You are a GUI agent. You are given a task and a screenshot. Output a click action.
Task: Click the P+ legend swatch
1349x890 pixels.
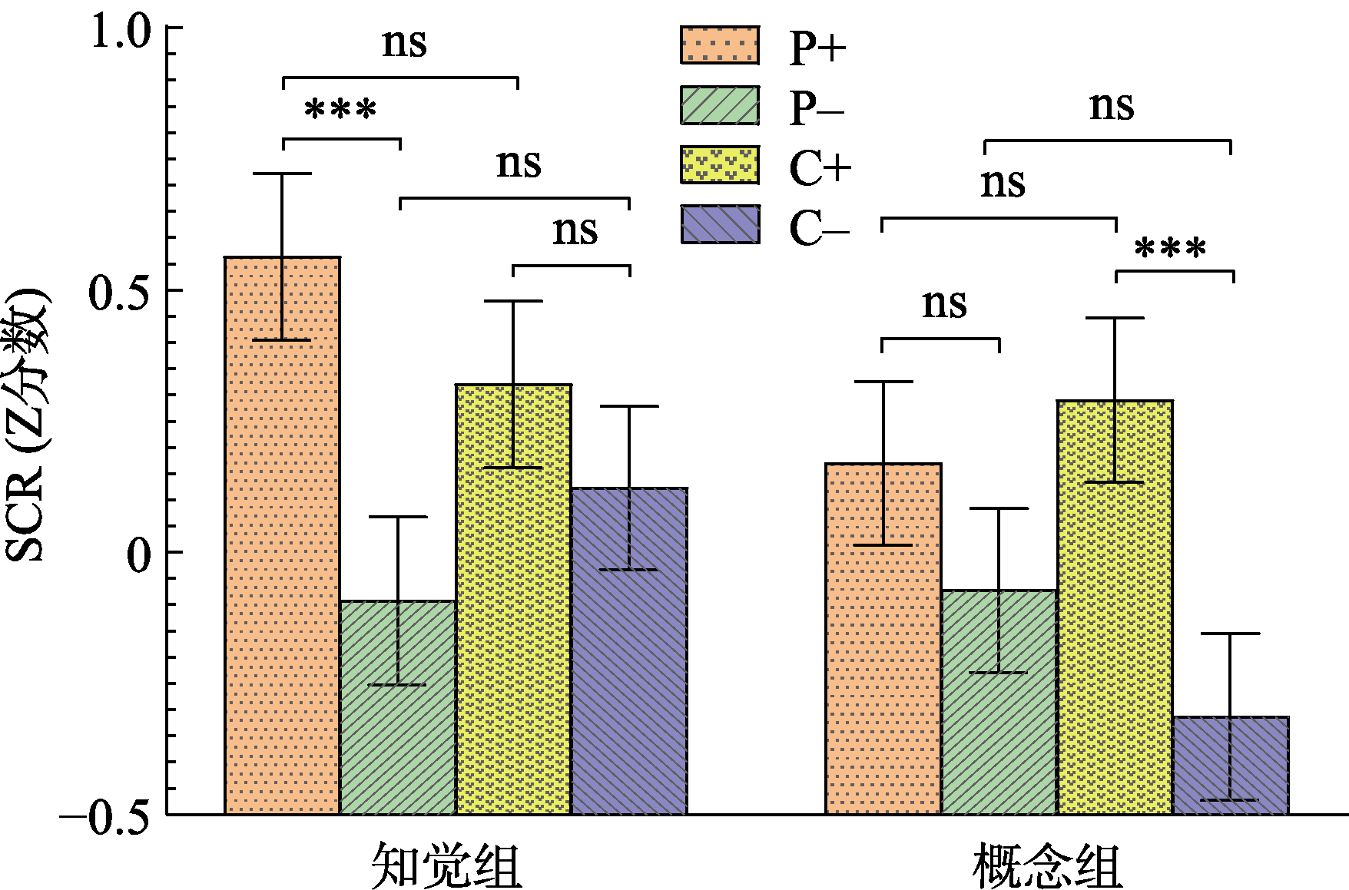click(x=720, y=45)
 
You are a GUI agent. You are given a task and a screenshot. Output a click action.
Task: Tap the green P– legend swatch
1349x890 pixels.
click(x=720, y=105)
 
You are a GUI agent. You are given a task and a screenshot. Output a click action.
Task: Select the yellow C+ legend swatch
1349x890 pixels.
click(x=720, y=165)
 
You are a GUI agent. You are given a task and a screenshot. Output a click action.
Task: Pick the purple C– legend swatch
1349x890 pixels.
click(x=720, y=224)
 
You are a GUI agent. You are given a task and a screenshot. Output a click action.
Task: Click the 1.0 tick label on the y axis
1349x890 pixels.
click(x=120, y=32)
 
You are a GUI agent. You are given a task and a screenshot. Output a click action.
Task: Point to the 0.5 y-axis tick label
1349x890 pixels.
click(x=118, y=294)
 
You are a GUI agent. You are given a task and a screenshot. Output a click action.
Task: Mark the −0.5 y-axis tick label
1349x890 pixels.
click(x=104, y=819)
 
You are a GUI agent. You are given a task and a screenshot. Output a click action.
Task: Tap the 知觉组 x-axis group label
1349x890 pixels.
click(x=446, y=865)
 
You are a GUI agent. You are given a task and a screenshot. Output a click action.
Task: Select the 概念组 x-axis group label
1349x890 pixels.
click(x=1048, y=865)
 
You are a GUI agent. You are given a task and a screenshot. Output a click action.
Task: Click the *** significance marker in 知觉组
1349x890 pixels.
click(x=340, y=111)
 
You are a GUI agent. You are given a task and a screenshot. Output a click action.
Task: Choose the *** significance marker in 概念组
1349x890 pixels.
click(x=1170, y=249)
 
